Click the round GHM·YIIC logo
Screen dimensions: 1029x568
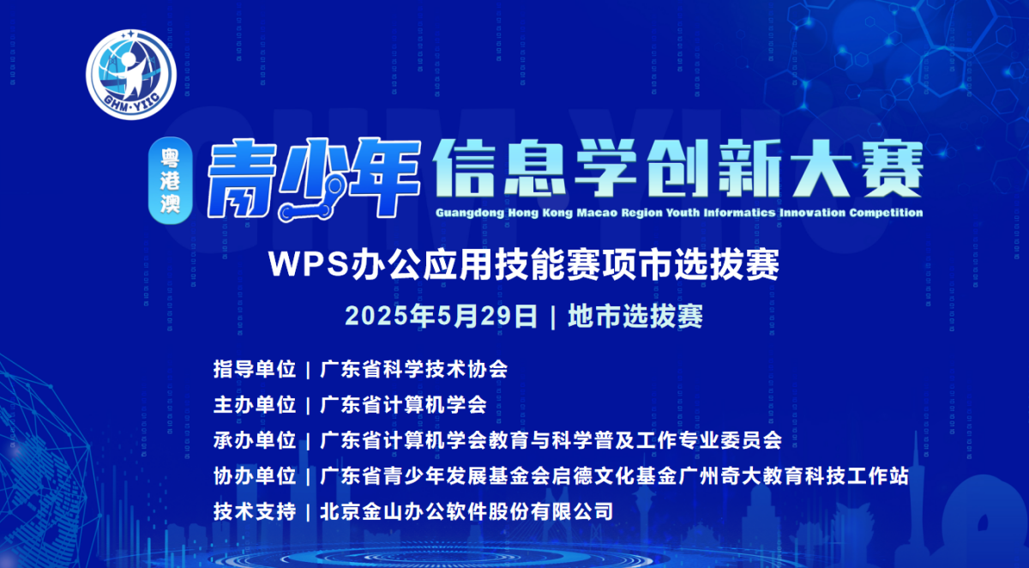point(131,75)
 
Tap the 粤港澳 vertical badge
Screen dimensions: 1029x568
point(170,180)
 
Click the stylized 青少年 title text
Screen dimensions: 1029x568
point(314,178)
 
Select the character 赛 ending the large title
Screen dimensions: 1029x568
point(892,168)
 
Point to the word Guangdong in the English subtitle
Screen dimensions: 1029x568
point(470,214)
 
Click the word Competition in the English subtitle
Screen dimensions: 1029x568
point(886,214)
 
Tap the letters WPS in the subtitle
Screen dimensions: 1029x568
point(309,264)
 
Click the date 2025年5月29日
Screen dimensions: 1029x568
point(441,316)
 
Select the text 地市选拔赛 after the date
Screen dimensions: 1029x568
point(635,316)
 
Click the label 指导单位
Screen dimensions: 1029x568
point(255,369)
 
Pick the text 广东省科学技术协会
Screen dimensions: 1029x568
point(413,369)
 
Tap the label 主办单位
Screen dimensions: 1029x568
point(255,405)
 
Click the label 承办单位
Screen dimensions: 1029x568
point(255,440)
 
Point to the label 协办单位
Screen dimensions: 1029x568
point(255,475)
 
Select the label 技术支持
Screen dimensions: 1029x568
point(255,511)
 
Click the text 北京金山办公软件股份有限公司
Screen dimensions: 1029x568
point(466,511)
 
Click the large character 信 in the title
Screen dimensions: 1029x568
point(464,168)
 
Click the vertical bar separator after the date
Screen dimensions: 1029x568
point(552,317)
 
